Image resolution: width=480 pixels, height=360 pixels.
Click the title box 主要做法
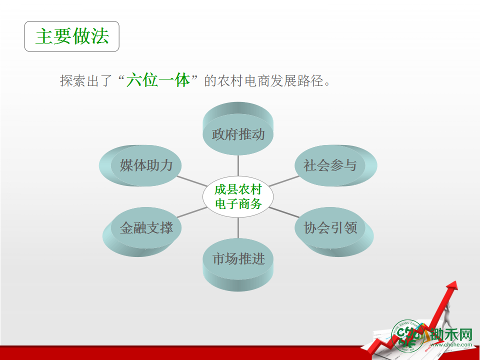point(71,36)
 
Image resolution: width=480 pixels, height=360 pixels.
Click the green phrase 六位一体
point(158,80)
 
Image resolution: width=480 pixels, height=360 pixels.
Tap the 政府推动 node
point(238,128)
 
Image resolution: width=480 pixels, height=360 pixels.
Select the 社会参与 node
point(336,165)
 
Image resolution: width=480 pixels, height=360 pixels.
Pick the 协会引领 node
point(334,231)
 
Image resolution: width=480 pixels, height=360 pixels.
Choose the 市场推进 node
point(238,264)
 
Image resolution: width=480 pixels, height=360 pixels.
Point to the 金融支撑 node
point(142,231)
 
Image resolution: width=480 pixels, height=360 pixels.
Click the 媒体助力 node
point(140,165)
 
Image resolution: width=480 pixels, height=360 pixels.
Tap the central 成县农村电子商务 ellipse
point(238,196)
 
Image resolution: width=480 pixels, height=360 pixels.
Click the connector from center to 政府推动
point(238,165)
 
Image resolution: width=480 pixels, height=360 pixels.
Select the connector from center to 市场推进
point(238,228)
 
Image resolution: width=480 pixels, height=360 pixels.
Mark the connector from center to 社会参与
point(284,181)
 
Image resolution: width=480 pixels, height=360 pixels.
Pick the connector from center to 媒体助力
point(192,181)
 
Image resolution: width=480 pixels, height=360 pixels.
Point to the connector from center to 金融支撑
point(192,212)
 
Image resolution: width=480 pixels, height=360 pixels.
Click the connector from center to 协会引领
point(284,212)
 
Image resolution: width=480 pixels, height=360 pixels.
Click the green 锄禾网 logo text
point(451,334)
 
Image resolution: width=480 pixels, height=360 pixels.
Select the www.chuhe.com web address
point(451,344)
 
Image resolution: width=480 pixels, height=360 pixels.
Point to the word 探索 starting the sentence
point(73,81)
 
